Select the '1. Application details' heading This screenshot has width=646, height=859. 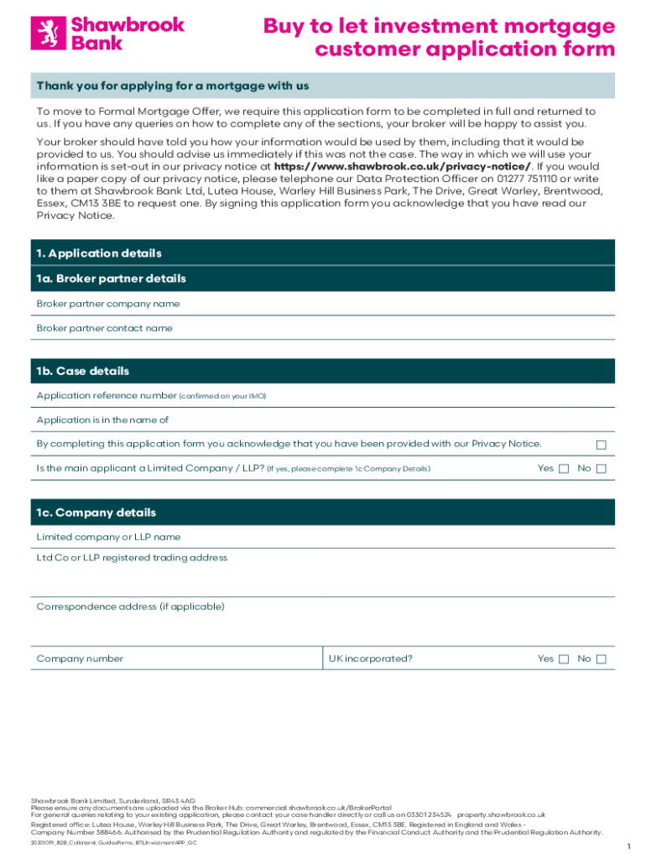pos(99,253)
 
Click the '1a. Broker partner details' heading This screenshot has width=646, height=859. pos(111,279)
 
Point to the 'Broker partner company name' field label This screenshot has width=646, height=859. pos(107,304)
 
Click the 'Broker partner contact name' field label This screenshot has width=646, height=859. pos(104,328)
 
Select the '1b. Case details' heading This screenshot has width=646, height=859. pos(82,371)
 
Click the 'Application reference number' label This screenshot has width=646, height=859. pos(107,395)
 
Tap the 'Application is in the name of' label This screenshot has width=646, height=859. pos(102,419)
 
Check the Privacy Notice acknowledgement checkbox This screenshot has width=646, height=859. pos(601,445)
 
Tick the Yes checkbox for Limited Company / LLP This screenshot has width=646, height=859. pos(564,469)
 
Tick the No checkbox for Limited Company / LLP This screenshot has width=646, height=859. pos(601,469)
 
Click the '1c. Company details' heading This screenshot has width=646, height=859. pos(96,513)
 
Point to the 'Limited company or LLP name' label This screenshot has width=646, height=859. pos(108,537)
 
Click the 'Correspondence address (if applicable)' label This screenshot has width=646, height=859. pos(130,607)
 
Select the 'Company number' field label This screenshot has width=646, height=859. pos(80,659)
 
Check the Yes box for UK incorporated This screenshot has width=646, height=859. pos(564,659)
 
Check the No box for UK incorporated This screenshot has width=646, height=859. pos(601,659)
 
